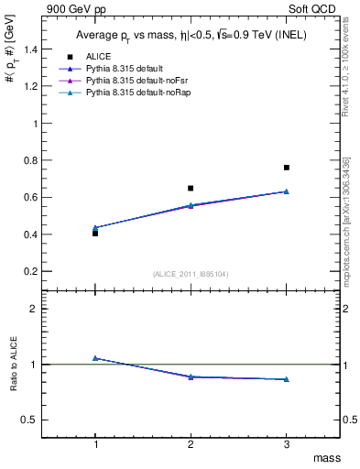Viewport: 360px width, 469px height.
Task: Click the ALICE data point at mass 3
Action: tap(287, 168)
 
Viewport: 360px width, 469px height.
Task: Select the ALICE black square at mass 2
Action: tap(191, 188)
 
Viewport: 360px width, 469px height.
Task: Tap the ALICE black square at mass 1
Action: tap(95, 234)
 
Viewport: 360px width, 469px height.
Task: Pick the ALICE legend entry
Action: tap(99, 57)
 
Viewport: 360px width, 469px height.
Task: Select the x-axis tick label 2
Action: tap(191, 443)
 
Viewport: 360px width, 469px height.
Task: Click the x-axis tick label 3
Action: tap(287, 443)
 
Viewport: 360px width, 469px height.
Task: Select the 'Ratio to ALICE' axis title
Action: tap(13, 365)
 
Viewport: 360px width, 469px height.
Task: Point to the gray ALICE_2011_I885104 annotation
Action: tap(191, 274)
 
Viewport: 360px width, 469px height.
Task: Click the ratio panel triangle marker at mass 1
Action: tap(95, 358)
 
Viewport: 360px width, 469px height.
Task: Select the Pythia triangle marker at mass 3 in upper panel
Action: tap(287, 191)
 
